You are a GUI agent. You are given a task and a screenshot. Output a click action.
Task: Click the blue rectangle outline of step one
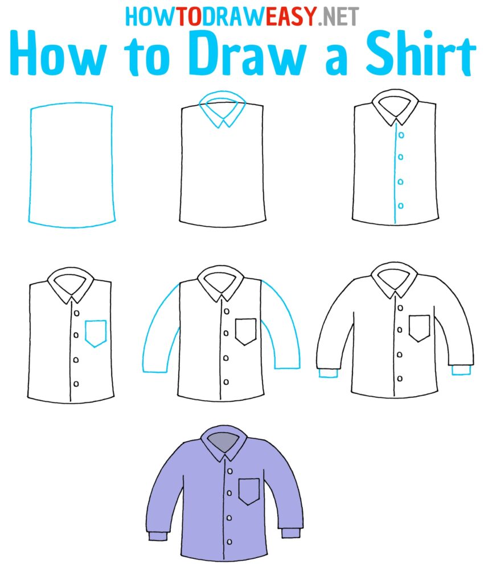pyautogui.click(x=30, y=165)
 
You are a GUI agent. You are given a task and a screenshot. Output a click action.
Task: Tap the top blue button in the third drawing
pyautogui.click(x=401, y=135)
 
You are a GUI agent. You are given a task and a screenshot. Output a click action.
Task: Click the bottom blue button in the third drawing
pyautogui.click(x=401, y=205)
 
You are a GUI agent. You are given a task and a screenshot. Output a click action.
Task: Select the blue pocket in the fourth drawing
pyautogui.click(x=96, y=333)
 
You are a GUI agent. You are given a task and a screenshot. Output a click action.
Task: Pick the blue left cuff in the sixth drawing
pyautogui.click(x=327, y=373)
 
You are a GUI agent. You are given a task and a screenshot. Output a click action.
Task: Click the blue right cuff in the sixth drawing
pyautogui.click(x=461, y=370)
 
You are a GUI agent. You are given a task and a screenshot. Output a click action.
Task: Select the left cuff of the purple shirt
pyautogui.click(x=157, y=535)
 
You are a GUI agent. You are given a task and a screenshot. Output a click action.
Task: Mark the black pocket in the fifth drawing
pyautogui.click(x=245, y=331)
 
